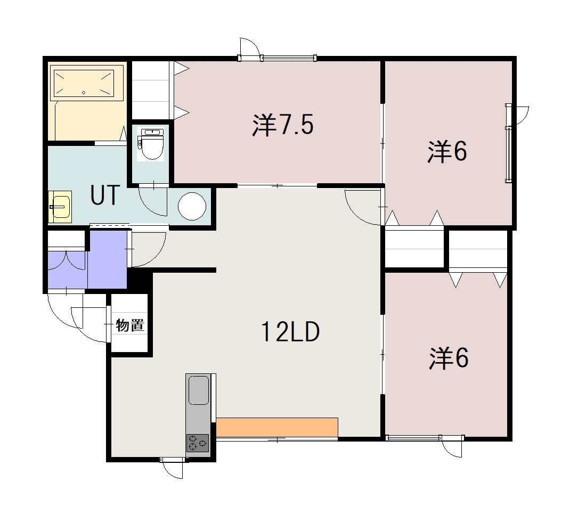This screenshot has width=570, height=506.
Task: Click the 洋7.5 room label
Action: click(283, 125)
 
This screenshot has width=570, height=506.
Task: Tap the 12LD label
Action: click(290, 331)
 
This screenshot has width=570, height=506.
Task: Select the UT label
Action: click(105, 195)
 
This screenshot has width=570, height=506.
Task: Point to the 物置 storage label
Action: click(130, 325)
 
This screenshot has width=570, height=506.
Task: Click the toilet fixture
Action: click(150, 144)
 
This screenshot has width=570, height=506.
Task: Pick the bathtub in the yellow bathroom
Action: click(86, 83)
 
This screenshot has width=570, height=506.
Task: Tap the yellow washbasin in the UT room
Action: click(60, 207)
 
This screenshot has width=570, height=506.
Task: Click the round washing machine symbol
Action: click(192, 206)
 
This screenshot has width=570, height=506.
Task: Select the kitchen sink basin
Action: click(199, 390)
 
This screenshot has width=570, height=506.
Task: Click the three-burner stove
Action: click(198, 443)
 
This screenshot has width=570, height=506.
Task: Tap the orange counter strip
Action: click(277, 427)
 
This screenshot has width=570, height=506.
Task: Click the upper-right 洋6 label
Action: click(447, 151)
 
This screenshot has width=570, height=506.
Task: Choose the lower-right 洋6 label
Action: click(449, 358)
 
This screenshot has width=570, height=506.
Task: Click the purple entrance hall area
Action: click(107, 259)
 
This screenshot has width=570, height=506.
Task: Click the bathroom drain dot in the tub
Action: click(84, 92)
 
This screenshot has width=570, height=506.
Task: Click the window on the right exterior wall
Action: click(509, 143)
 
